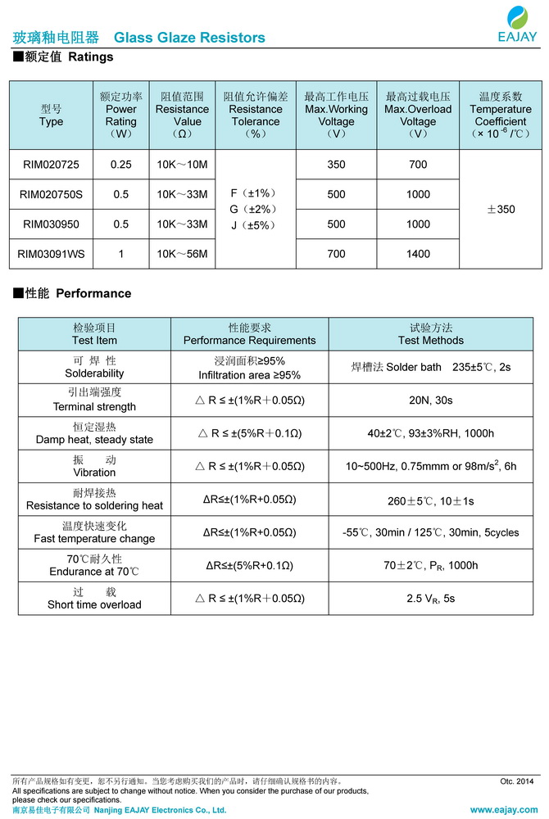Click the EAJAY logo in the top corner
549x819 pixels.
(517, 24)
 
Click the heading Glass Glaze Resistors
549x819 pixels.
(189, 38)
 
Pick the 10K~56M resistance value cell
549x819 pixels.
(182, 254)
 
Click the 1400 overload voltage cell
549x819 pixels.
(418, 254)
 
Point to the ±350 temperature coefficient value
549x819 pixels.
(501, 210)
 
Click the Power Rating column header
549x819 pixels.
(121, 115)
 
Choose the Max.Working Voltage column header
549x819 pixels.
(336, 115)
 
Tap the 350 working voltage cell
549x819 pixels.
(336, 165)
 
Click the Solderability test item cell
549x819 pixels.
(94, 367)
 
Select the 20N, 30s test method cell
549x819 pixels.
(431, 400)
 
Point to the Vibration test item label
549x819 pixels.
(94, 466)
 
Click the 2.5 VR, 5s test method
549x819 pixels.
(431, 599)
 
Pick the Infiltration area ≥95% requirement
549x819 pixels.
(249, 375)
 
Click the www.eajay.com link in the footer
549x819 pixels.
(504, 810)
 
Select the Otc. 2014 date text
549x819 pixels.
(516, 781)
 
